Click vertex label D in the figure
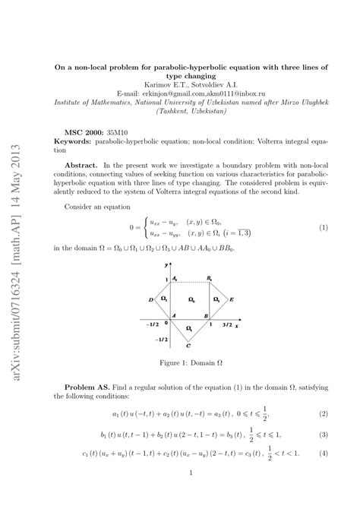tap(152, 299)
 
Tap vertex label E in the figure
tap(232, 299)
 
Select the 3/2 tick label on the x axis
tap(226, 325)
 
